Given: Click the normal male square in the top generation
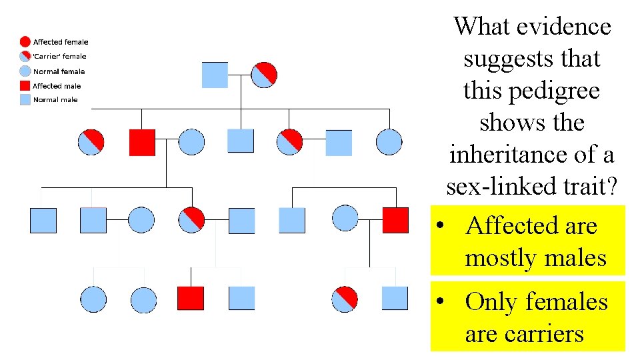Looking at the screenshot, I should point(215,75).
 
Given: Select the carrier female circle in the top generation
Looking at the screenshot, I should point(264,75).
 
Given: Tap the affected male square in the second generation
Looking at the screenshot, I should point(142,142).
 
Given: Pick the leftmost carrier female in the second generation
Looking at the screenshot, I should point(91,142).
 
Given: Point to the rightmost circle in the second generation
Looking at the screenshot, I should point(389,142).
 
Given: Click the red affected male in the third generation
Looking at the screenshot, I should point(395,220).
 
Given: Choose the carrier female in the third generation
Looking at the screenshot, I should point(192,220).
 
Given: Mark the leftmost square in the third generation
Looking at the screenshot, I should point(43,220).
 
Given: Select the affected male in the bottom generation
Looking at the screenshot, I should point(191,298).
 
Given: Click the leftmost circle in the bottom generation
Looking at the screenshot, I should point(93,299).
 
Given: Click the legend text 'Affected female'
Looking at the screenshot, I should point(61,42).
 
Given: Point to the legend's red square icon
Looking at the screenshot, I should point(25,86).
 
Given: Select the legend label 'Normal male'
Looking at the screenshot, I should point(55,100).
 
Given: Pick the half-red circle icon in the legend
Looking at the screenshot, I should point(25,57).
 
